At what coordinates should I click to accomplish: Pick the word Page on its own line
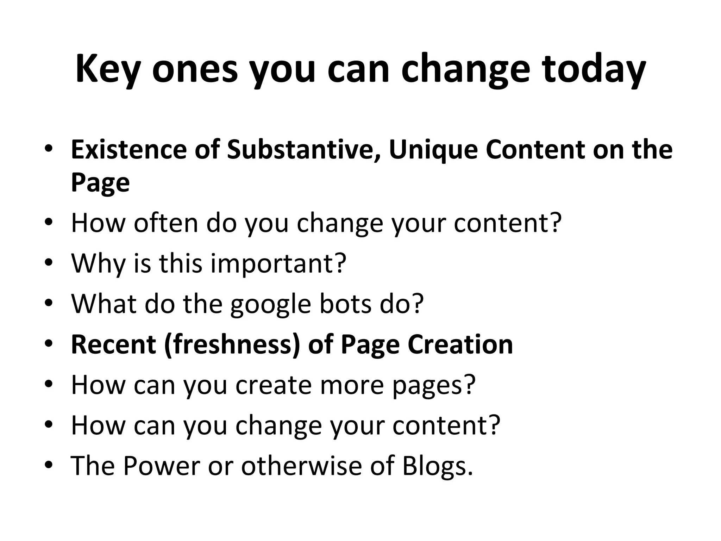tap(100, 183)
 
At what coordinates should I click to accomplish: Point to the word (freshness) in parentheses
tap(232, 344)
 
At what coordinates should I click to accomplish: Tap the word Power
tap(162, 466)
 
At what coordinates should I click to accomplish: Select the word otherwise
tap(301, 466)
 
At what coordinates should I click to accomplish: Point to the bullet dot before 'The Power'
tap(49, 465)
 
